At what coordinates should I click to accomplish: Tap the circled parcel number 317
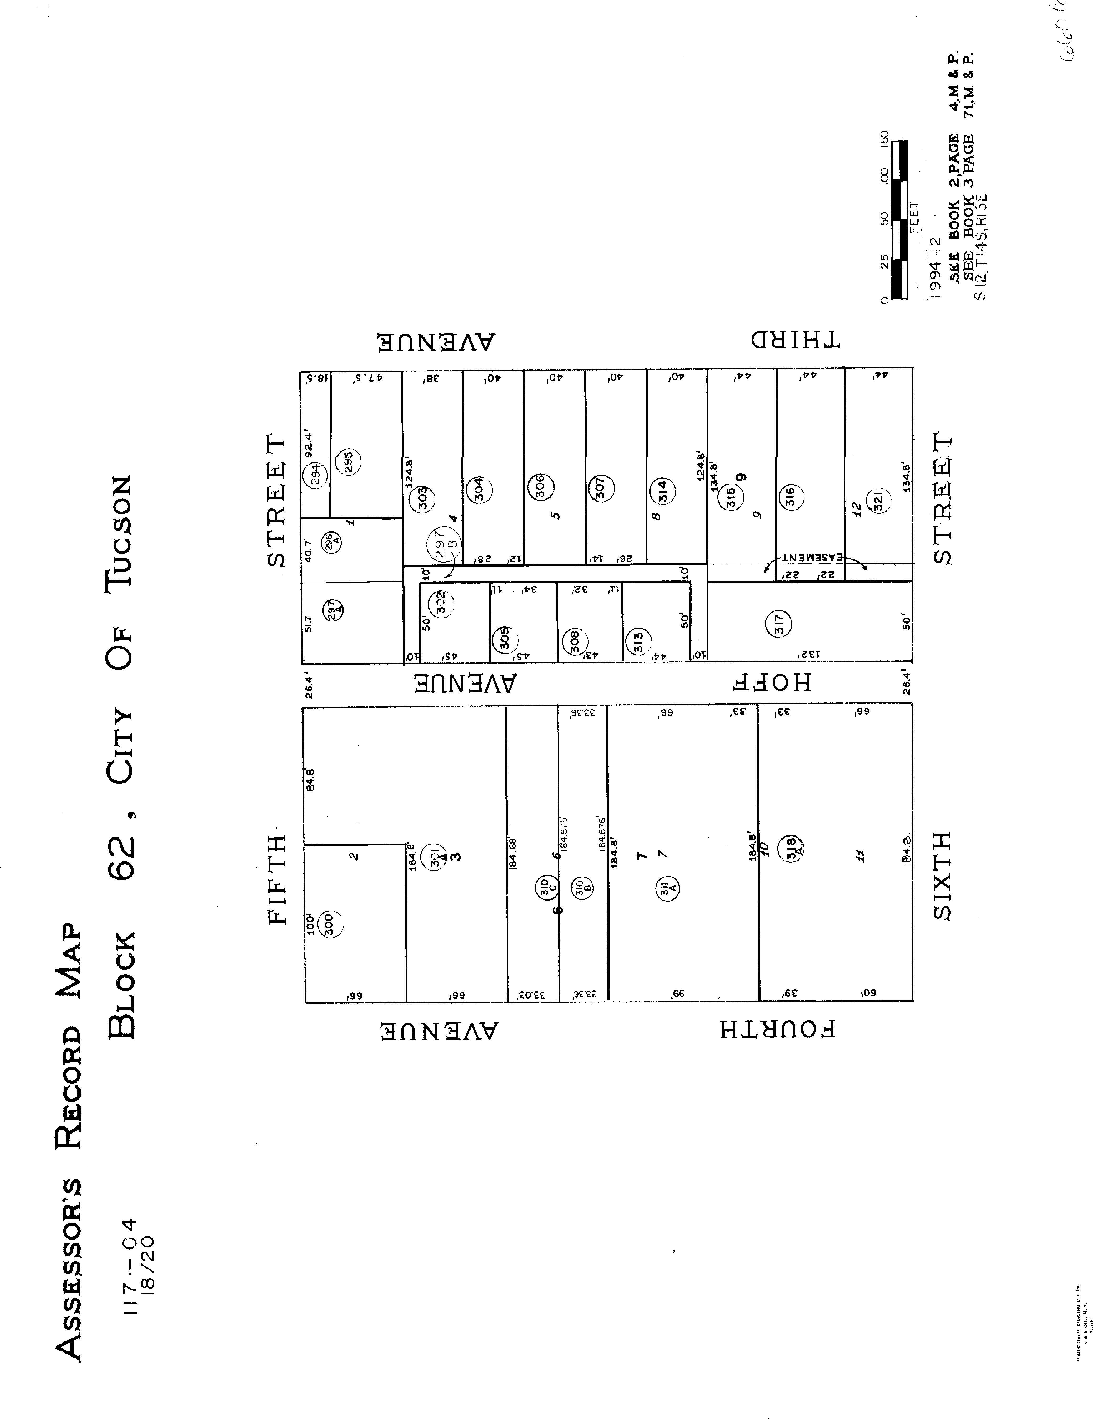point(780,624)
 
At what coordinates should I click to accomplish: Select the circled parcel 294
point(315,476)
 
